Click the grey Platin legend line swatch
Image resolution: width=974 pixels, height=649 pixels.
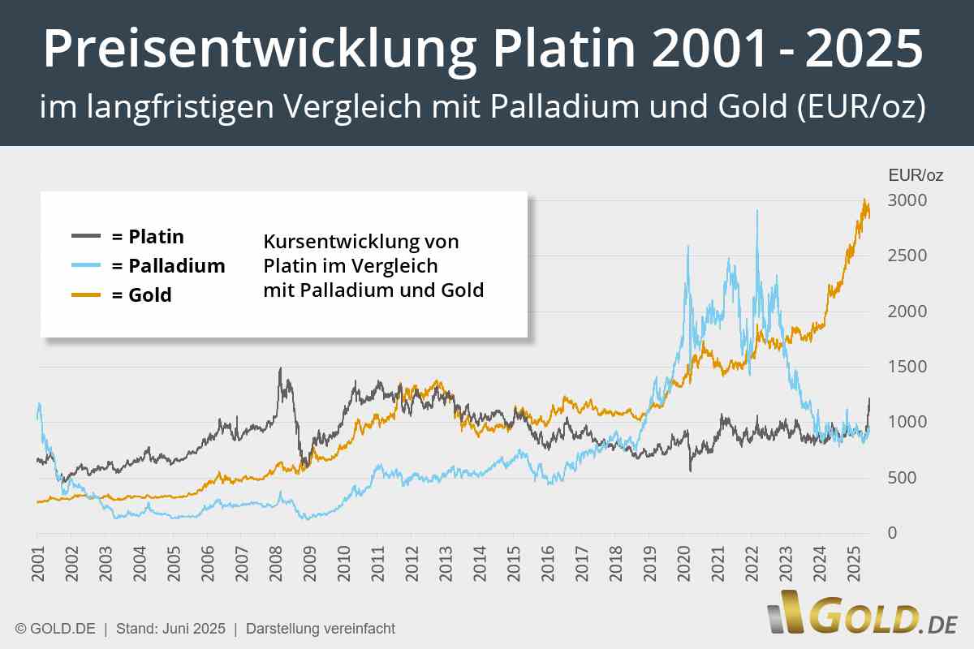(86, 236)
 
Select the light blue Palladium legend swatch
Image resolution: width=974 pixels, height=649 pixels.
(86, 265)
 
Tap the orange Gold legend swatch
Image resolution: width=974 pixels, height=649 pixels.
(86, 294)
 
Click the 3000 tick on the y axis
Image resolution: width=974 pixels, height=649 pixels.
(907, 200)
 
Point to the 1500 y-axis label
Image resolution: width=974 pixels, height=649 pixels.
(907, 367)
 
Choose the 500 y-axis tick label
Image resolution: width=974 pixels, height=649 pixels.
(903, 478)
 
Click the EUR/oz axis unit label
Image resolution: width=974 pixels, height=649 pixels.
(916, 174)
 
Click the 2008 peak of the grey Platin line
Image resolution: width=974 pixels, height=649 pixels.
(280, 368)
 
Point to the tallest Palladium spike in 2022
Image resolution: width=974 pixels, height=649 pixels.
(757, 211)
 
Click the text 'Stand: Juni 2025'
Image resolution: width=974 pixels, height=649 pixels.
(170, 629)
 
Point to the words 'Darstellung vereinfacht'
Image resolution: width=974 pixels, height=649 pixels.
(320, 629)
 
